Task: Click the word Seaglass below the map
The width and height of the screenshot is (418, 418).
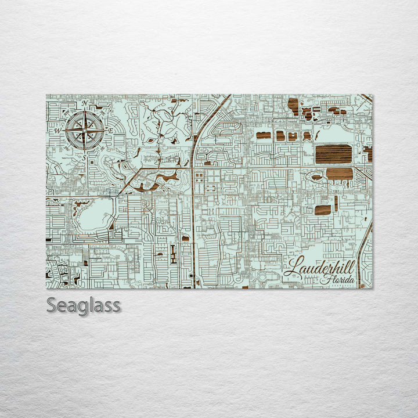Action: (x=84, y=305)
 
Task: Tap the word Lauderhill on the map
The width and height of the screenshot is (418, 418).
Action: (x=320, y=268)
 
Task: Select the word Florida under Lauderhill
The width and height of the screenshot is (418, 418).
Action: (x=339, y=281)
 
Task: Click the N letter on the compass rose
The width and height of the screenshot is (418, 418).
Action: (x=85, y=103)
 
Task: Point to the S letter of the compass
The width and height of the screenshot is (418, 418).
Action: (x=84, y=157)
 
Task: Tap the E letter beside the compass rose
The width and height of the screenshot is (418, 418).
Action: (x=110, y=131)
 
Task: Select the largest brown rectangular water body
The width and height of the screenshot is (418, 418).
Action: (x=333, y=154)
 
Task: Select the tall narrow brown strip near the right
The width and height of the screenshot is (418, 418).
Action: (x=336, y=203)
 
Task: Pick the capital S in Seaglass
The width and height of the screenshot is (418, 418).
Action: (x=51, y=305)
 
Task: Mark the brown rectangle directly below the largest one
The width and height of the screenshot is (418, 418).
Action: (x=340, y=173)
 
